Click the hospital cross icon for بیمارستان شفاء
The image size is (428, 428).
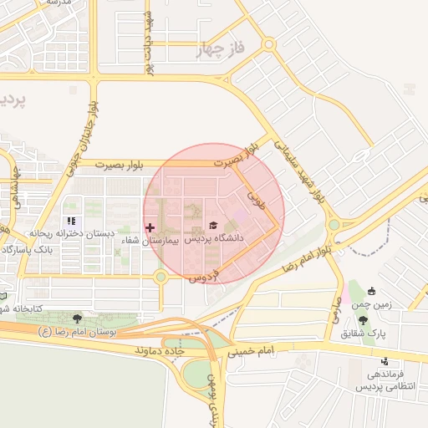click(150, 227)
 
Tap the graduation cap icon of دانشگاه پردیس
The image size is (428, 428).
click(212, 225)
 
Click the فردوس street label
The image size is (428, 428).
click(205, 274)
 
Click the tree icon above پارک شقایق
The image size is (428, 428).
click(362, 320)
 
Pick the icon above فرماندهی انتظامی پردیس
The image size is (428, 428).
click(384, 361)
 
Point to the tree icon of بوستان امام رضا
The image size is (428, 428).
click(78, 318)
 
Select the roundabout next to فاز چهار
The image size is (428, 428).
click(268, 44)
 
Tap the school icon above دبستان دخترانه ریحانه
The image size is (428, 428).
click(70, 222)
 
